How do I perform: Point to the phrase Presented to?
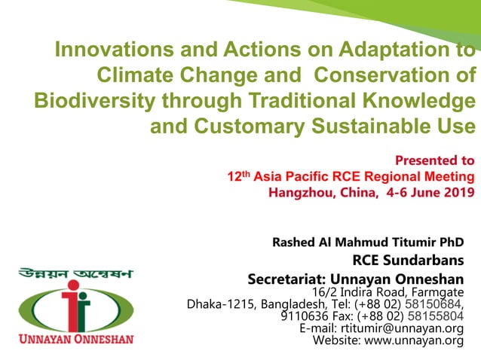[x=434, y=160]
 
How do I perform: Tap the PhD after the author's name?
[x=450, y=243]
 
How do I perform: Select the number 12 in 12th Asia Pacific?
[x=234, y=177]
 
